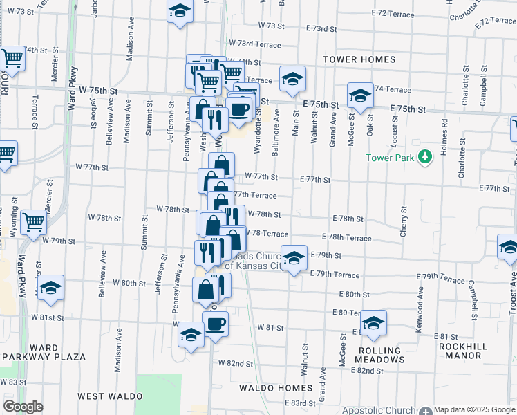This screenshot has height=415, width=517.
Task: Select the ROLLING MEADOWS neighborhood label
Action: click(x=381, y=355)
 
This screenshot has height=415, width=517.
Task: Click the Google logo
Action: click(x=23, y=407)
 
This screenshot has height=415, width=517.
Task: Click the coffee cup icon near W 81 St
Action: click(x=215, y=322)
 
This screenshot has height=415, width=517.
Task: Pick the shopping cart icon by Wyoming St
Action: click(x=33, y=221)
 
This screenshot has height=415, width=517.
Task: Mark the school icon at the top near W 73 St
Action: click(x=180, y=11)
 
